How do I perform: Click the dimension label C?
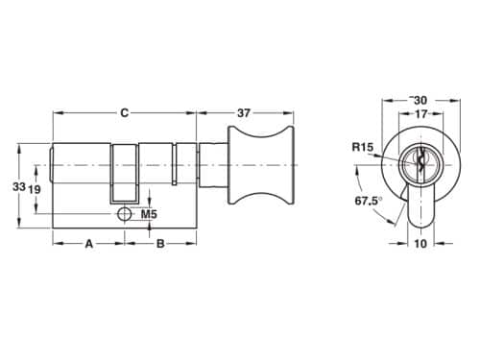point(124,112)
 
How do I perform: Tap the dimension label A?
point(88,244)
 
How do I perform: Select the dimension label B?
point(160,244)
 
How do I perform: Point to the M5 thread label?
point(149,213)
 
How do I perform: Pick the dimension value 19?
point(34,190)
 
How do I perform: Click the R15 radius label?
point(362,147)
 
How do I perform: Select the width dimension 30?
point(420,100)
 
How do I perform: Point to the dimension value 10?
point(420,244)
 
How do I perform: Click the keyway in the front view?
point(419,164)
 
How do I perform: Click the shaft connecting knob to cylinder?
point(212,165)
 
